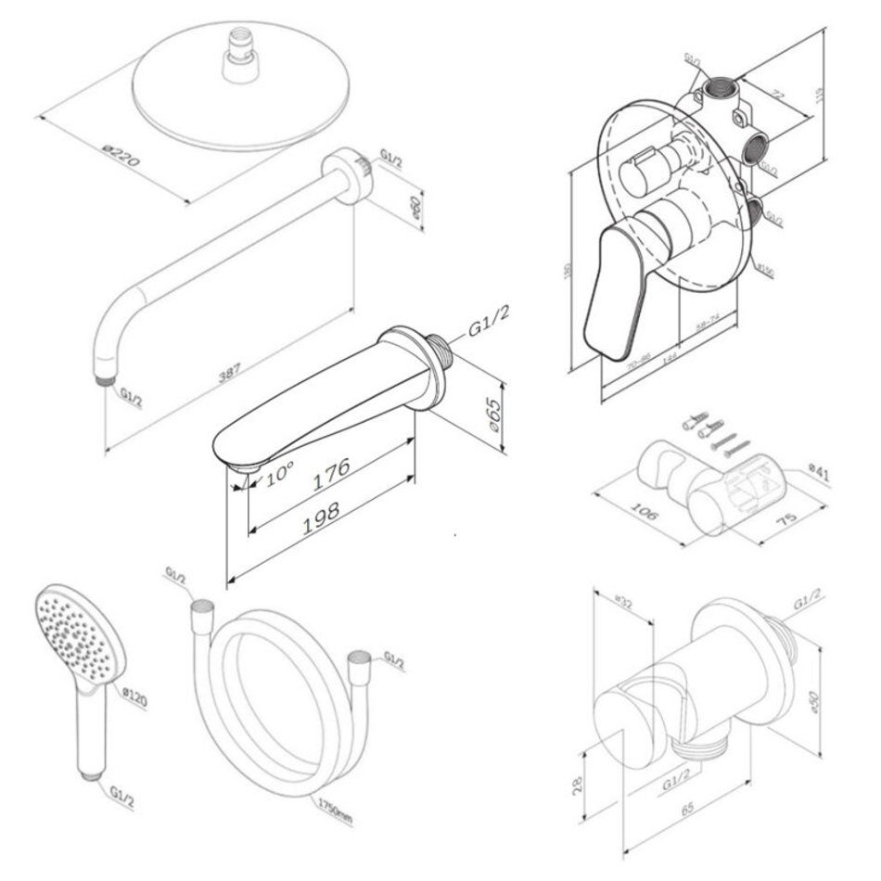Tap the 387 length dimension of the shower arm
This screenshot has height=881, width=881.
(230, 372)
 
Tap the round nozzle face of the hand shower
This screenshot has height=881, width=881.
(66, 632)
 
